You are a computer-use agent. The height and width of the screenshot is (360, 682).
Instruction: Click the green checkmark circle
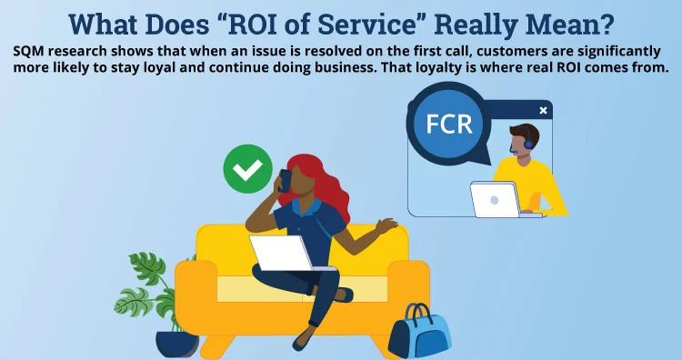point(247,168)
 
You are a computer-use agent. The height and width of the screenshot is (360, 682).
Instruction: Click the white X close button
point(543,110)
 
